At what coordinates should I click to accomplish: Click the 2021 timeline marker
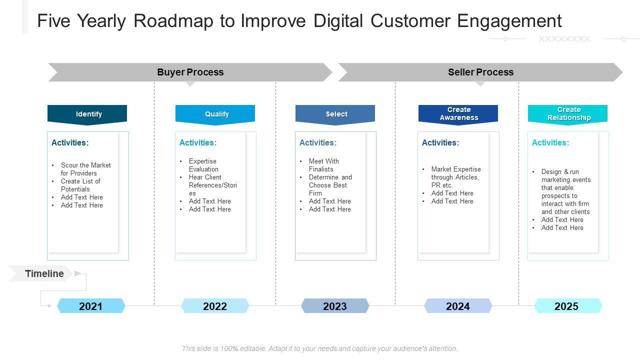click(x=90, y=306)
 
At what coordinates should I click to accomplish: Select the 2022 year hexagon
click(x=215, y=306)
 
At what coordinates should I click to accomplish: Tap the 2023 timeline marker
click(x=335, y=306)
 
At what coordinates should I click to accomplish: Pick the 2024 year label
click(x=458, y=306)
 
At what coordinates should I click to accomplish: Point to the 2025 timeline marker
click(x=566, y=306)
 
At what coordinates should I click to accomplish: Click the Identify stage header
click(x=87, y=114)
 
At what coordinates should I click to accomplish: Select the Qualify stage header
click(x=215, y=114)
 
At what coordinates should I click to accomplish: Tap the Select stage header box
click(x=335, y=114)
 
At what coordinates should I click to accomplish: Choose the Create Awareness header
click(x=458, y=114)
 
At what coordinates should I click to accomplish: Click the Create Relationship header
click(x=568, y=114)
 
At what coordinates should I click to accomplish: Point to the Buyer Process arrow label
click(x=190, y=72)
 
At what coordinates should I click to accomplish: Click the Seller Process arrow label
click(x=480, y=72)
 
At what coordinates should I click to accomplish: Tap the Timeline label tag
click(x=44, y=273)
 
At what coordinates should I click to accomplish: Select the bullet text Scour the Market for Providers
click(x=85, y=169)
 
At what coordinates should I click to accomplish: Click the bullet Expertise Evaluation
click(x=203, y=165)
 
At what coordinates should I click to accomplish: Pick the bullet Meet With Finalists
click(x=323, y=165)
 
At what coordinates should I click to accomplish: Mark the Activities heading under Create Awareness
click(x=440, y=142)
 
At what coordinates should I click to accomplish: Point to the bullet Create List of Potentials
click(x=80, y=185)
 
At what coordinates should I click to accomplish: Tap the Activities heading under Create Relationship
click(x=550, y=142)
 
